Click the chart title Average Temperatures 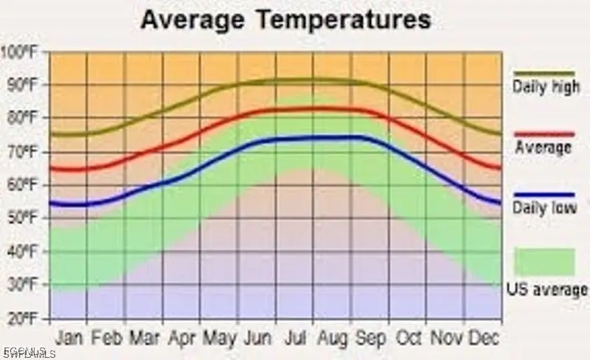coord(285,20)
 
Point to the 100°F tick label coord(22,52)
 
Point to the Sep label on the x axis coord(370,338)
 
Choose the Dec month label coord(485,338)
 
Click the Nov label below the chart coord(447,338)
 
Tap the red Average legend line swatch coord(544,134)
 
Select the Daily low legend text coord(544,209)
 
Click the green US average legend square coord(544,262)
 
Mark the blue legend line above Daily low coord(544,195)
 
